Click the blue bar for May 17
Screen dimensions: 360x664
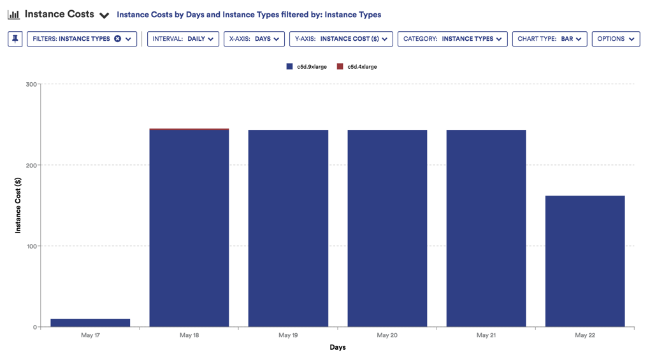(x=90, y=323)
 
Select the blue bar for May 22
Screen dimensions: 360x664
(x=585, y=261)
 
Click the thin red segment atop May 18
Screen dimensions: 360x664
(x=189, y=129)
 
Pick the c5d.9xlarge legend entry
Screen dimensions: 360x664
(x=307, y=66)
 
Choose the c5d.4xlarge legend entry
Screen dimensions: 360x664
(x=357, y=66)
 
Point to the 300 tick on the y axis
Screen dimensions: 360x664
(x=31, y=84)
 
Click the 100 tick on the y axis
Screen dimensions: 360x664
(x=31, y=246)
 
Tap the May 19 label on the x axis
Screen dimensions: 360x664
(x=288, y=335)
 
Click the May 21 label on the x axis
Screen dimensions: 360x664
(x=486, y=335)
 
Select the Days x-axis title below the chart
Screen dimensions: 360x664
(x=338, y=347)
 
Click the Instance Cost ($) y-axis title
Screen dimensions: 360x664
(x=18, y=205)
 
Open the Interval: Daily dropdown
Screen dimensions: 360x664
(x=183, y=39)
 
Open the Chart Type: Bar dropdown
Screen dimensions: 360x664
(x=549, y=39)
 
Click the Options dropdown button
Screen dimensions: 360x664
(x=616, y=39)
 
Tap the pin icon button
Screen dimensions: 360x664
(x=15, y=39)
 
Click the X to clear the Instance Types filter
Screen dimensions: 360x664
(x=118, y=39)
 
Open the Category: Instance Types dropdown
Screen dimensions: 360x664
(x=452, y=39)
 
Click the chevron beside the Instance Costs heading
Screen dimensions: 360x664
(x=104, y=15)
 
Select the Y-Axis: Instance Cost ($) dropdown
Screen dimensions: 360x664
(x=341, y=39)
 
